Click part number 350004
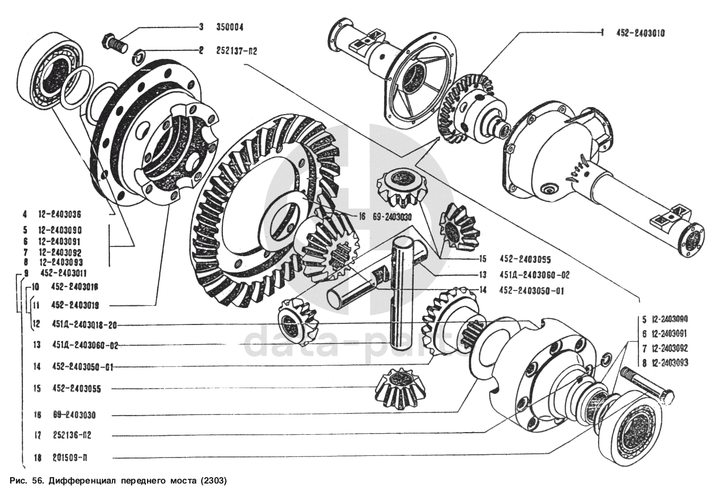coord(229,27)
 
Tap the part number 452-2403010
coord(640,33)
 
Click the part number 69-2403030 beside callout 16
coord(389,216)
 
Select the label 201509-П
coord(74,458)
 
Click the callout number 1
coord(602,33)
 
